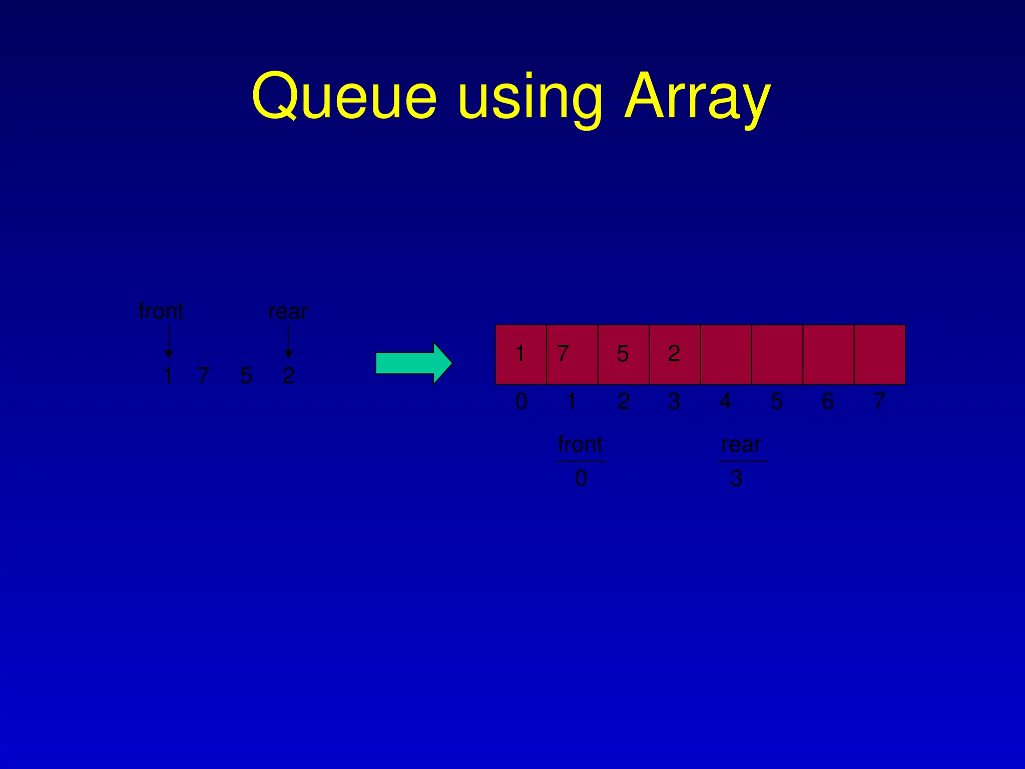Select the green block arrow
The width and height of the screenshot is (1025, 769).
pyautogui.click(x=413, y=363)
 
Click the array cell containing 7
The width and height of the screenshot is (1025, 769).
pyautogui.click(x=572, y=354)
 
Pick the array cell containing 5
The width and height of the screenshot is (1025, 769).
pyautogui.click(x=624, y=354)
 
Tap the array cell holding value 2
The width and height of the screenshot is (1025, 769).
pyautogui.click(x=675, y=354)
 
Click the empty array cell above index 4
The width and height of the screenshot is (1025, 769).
pyautogui.click(x=726, y=354)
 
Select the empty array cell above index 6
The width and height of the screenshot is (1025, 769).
pyautogui.click(x=828, y=354)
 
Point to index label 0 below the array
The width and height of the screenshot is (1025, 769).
pyautogui.click(x=521, y=402)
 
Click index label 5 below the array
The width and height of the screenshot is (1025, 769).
pyautogui.click(x=776, y=402)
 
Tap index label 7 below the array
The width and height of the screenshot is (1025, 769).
pyautogui.click(x=879, y=402)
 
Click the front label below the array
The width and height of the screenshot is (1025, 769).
pyautogui.click(x=580, y=444)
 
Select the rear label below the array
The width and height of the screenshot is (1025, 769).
pyautogui.click(x=741, y=445)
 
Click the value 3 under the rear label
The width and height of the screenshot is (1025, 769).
pyautogui.click(x=736, y=479)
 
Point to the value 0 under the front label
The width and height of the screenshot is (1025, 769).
pyautogui.click(x=581, y=479)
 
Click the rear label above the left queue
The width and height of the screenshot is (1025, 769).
pyautogui.click(x=288, y=312)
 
